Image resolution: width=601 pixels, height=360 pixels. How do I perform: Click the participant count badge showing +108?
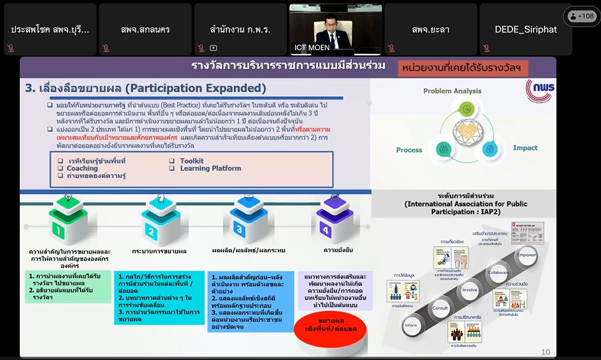coord(582,16)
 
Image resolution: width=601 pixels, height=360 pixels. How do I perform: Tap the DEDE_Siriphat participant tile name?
coord(525,29)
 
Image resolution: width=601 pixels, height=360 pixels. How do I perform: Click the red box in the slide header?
coord(459,67)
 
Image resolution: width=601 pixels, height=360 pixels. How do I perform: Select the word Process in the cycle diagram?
coord(409,150)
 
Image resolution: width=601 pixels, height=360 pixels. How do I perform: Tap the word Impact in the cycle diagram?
coord(525,148)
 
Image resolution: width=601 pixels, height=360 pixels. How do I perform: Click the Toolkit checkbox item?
coord(191,161)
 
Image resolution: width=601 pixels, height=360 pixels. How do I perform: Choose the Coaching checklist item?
coord(82,169)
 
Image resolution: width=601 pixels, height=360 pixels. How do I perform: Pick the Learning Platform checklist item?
coord(210,169)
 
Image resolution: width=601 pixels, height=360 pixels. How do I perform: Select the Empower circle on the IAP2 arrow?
coord(527,255)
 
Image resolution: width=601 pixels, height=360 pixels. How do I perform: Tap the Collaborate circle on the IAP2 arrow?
coord(498,272)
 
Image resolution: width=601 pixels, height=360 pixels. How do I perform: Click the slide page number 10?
coord(545,352)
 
